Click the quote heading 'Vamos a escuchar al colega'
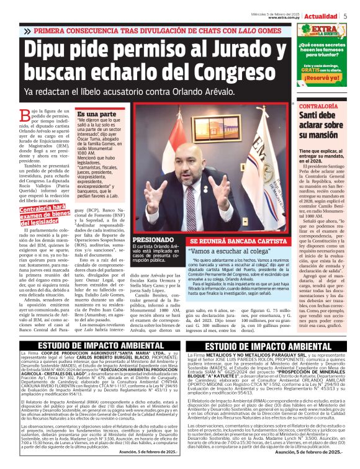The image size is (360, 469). pyautogui.click(x=230, y=252)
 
